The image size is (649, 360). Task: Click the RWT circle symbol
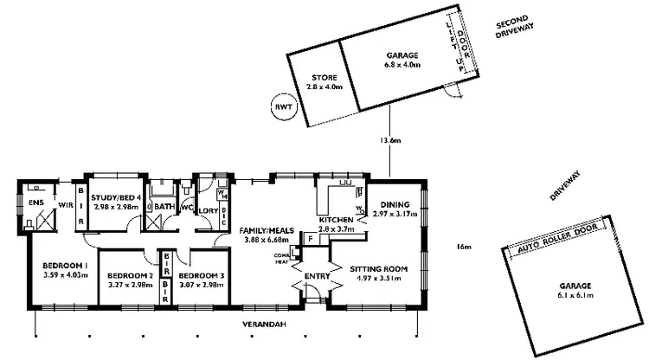click(x=281, y=106)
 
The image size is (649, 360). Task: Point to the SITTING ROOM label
click(x=377, y=268)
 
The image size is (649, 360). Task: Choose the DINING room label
click(x=398, y=204)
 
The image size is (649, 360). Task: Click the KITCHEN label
click(x=336, y=221)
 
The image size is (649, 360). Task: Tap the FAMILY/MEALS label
click(x=270, y=230)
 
